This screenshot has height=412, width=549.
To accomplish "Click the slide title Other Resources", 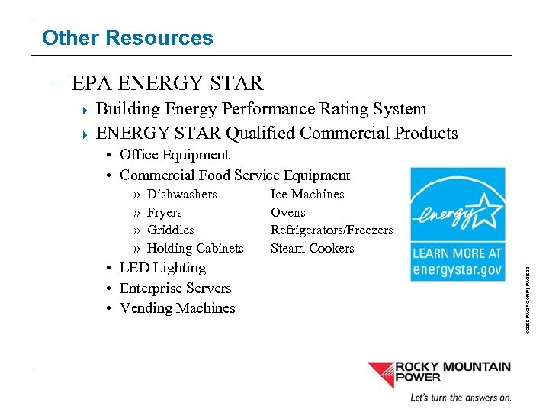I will click(x=127, y=37).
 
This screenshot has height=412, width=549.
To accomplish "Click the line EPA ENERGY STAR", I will click(x=167, y=83).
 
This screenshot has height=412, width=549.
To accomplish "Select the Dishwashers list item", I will click(x=181, y=195).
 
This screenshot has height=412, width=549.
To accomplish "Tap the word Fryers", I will click(x=164, y=213).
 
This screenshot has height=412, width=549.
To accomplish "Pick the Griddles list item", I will click(x=170, y=230).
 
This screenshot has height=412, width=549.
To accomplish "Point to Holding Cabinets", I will click(x=194, y=249).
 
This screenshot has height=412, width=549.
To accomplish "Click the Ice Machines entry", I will click(x=307, y=195).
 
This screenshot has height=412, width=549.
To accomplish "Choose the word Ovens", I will click(x=287, y=213).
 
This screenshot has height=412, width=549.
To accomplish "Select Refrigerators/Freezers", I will click(x=332, y=230).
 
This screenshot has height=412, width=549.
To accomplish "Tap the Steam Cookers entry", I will click(x=312, y=249).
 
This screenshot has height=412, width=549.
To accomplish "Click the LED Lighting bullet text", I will click(x=162, y=268).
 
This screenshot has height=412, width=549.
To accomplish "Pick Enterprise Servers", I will click(x=175, y=288).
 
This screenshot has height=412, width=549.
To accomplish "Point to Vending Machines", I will click(x=178, y=308).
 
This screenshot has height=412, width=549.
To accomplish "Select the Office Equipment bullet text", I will click(x=175, y=155).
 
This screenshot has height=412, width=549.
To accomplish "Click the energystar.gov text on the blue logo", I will click(x=457, y=269).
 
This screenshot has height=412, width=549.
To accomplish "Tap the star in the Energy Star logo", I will click(x=478, y=207).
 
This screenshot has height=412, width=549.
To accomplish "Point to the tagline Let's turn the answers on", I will click(x=461, y=398).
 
